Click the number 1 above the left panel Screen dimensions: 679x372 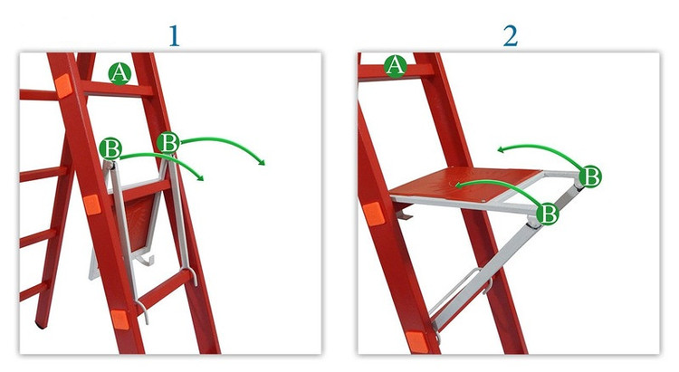coord(174,36)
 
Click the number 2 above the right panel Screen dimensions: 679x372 coord(511,36)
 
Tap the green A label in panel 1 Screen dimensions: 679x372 coord(120,73)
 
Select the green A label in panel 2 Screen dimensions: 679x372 coord(396,66)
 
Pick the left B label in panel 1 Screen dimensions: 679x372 coord(110,149)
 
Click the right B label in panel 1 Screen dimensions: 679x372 coord(168,142)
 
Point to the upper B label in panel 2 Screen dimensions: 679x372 coord(590,176)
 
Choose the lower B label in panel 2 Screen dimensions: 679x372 coord(548,214)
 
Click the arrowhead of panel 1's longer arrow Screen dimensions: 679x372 coord(261,162)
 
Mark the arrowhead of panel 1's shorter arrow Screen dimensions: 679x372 coord(200,177)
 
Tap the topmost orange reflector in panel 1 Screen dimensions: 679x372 coord(63,85)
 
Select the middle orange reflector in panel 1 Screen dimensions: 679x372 coord(91,205)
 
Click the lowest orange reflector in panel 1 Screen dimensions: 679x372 coord(120,320)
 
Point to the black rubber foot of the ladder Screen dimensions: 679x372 coord(41,324)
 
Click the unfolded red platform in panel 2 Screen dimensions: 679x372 coord(465,184)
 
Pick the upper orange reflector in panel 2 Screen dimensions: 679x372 coord(373,214)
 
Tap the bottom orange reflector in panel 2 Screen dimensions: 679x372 coord(416,342)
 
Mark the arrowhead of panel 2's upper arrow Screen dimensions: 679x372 coord(501,150)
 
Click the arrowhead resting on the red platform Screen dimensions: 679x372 coord(458,186)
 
